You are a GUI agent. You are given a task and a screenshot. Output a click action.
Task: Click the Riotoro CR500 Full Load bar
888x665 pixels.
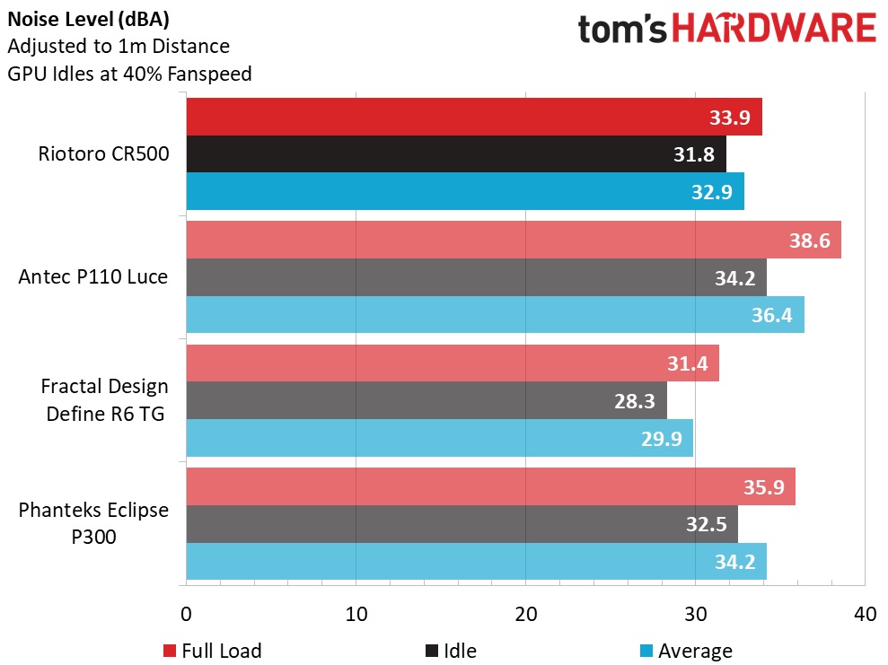pyautogui.click(x=449, y=117)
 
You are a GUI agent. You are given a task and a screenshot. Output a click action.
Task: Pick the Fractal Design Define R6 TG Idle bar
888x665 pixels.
pyautogui.click(x=404, y=399)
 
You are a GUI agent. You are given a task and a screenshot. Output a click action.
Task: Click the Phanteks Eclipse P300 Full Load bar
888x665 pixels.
pyautogui.click(x=467, y=486)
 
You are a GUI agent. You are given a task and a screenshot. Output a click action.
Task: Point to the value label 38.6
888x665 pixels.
pyautogui.click(x=809, y=241)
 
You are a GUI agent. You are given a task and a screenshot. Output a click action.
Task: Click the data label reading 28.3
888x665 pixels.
pyautogui.click(x=635, y=400)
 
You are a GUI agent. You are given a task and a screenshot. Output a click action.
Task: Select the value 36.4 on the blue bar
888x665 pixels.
pyautogui.click(x=772, y=315)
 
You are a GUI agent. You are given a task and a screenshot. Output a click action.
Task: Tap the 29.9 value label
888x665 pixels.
pyautogui.click(x=661, y=438)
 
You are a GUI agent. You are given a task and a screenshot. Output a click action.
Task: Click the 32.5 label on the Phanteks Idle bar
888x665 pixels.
pyautogui.click(x=706, y=523)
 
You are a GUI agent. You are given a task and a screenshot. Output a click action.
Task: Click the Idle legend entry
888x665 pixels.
pyautogui.click(x=451, y=651)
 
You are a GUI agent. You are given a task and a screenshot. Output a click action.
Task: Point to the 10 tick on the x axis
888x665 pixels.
pyautogui.click(x=356, y=615)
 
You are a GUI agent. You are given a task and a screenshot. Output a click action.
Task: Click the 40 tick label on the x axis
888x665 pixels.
pyautogui.click(x=864, y=615)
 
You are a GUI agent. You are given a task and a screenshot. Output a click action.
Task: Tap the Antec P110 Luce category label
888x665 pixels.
pyautogui.click(x=93, y=277)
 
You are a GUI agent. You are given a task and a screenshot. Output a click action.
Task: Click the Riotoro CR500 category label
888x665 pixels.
pyautogui.click(x=103, y=153)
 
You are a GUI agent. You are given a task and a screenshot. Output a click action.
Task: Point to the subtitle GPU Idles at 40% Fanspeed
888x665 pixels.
pyautogui.click(x=130, y=74)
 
